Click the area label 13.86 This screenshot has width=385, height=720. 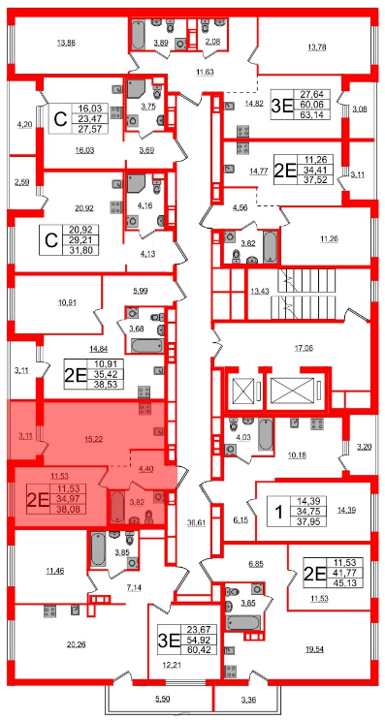(x=66, y=44)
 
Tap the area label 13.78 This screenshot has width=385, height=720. (x=316, y=47)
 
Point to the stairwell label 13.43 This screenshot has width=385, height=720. (x=259, y=290)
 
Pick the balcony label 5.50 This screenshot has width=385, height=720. (x=162, y=699)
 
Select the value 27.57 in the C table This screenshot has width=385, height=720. (x=94, y=128)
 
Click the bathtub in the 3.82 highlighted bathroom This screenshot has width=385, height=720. (x=117, y=507)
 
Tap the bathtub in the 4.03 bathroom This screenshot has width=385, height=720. (x=266, y=434)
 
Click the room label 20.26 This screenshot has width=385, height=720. (x=76, y=644)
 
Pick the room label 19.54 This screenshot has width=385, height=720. (x=315, y=650)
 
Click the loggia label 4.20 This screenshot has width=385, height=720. (x=24, y=123)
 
